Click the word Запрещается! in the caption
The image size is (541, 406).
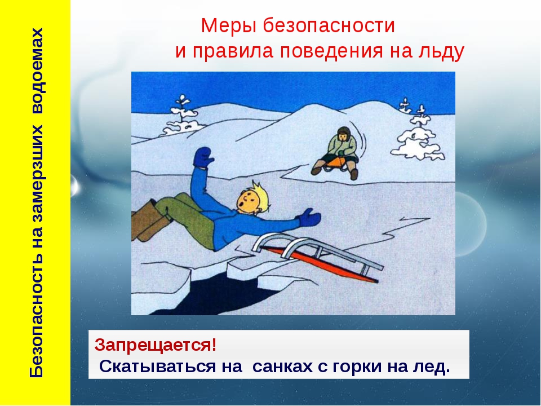(x=156, y=345)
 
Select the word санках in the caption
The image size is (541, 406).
(x=283, y=367)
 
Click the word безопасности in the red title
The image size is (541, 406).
(x=329, y=25)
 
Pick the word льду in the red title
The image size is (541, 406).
(x=441, y=52)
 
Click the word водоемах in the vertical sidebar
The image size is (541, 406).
(x=37, y=71)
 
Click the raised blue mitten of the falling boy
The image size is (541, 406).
(x=202, y=158)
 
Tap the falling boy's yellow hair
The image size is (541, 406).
(x=259, y=195)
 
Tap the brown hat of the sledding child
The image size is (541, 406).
(x=344, y=132)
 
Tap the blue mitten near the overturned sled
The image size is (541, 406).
(x=310, y=218)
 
